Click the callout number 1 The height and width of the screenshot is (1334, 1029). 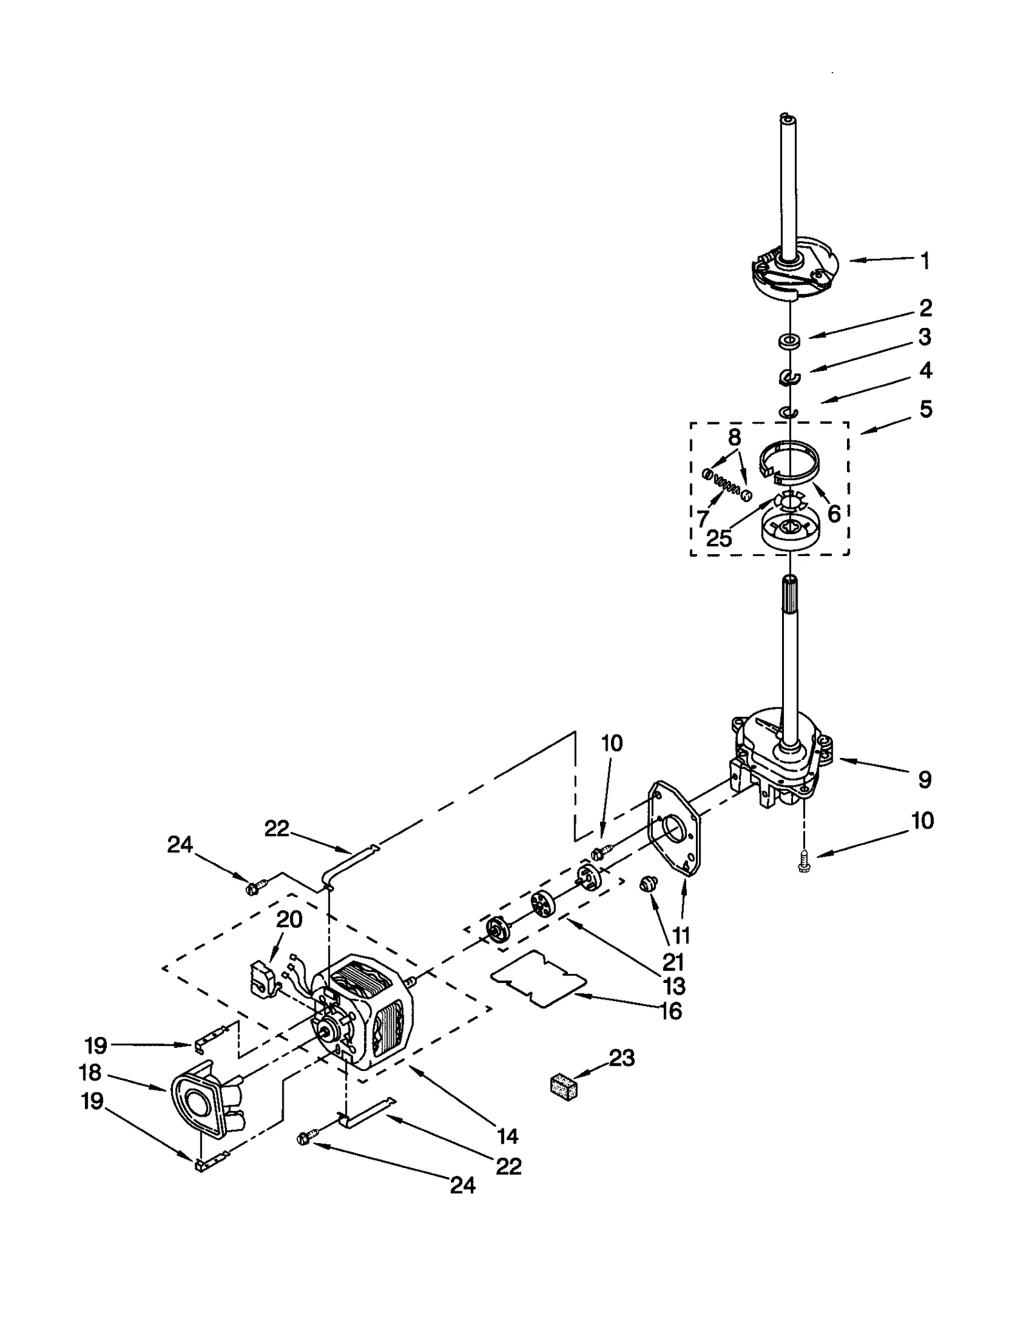[925, 261]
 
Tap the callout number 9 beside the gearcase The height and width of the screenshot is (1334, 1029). [924, 780]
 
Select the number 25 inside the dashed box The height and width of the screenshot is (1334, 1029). [719, 539]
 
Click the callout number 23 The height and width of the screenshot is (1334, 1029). [621, 1058]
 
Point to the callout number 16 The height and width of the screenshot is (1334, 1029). [671, 1011]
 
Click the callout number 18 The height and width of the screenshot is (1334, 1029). [91, 1073]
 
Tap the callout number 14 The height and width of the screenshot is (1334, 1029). [507, 1137]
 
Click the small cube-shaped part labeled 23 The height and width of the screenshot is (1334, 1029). [564, 1086]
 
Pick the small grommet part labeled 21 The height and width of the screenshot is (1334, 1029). [645, 886]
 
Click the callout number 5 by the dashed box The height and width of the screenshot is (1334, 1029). [925, 409]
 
